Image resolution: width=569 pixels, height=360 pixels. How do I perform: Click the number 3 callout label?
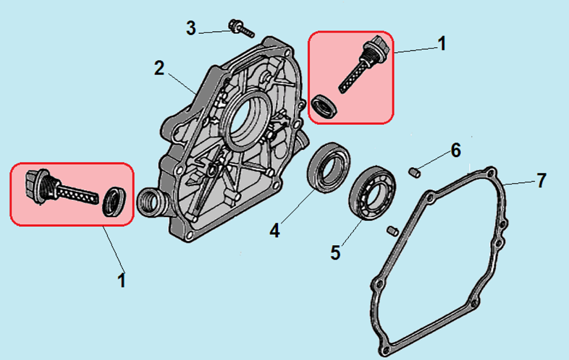click(191, 28)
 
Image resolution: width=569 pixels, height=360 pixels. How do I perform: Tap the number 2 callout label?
click(159, 68)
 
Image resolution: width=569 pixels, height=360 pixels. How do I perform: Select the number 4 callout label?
click(274, 230)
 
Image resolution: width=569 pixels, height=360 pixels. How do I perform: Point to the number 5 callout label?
click(335, 252)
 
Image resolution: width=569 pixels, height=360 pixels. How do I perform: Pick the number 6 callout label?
click(455, 150)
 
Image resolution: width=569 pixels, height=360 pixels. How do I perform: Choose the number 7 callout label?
click(541, 180)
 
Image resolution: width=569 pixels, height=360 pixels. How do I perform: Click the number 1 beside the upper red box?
click(442, 43)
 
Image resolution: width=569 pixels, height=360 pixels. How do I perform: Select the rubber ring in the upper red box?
click(323, 107)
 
